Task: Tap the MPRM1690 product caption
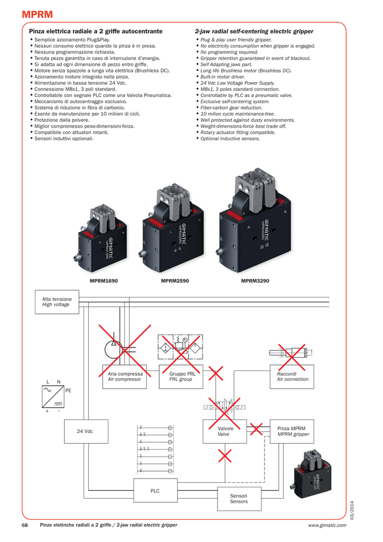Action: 104,280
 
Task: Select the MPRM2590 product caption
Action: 175,280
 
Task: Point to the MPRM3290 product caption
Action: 255,280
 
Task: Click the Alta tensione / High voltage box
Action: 57,302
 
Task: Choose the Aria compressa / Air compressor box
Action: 125,376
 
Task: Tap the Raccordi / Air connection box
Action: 293,376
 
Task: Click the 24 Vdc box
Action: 85,431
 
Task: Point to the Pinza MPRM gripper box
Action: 292,431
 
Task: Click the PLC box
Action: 155,491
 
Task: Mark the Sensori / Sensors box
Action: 239,499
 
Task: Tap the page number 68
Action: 24,525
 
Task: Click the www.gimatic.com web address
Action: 327,525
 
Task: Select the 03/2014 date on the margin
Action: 352,509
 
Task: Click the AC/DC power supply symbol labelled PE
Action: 53,397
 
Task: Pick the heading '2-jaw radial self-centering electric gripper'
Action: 254,32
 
